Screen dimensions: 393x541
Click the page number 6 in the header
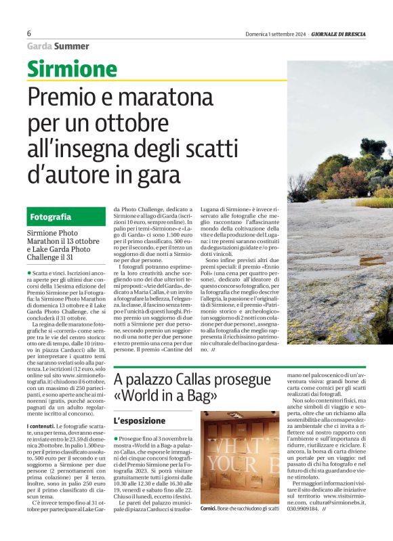pos(29,33)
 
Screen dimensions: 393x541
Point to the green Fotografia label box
pos(66,217)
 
